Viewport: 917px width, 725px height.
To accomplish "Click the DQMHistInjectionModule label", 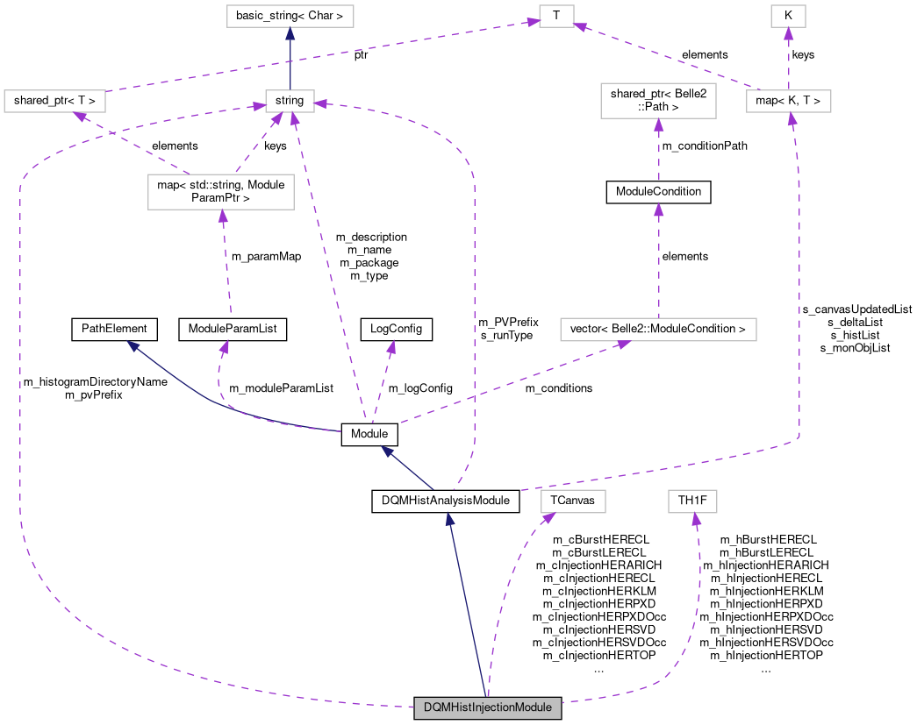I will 488,707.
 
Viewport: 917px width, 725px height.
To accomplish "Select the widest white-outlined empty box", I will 658,330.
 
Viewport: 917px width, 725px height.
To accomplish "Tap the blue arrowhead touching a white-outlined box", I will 290,34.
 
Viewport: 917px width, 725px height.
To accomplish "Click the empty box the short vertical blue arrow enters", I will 290,17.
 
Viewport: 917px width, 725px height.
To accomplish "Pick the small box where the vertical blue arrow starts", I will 290,101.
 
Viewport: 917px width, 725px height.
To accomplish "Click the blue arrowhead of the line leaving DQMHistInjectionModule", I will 449,519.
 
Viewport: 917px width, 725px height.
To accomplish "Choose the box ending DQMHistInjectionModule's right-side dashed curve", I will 692,501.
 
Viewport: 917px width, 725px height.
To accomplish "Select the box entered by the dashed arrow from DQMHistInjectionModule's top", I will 573,501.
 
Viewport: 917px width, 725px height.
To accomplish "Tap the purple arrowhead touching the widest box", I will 622,345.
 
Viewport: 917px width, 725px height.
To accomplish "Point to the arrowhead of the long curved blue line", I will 133,345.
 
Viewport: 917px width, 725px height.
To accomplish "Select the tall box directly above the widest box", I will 658,101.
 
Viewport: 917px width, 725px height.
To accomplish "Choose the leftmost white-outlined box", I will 54,101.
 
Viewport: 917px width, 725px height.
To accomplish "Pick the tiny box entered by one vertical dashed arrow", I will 788,17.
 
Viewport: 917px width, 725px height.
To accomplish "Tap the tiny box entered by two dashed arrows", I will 556,17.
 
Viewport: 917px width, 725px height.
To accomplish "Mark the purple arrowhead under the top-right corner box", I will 788,34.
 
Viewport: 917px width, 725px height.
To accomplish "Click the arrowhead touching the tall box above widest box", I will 658,124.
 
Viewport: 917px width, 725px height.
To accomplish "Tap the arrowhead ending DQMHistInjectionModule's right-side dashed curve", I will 696,519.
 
